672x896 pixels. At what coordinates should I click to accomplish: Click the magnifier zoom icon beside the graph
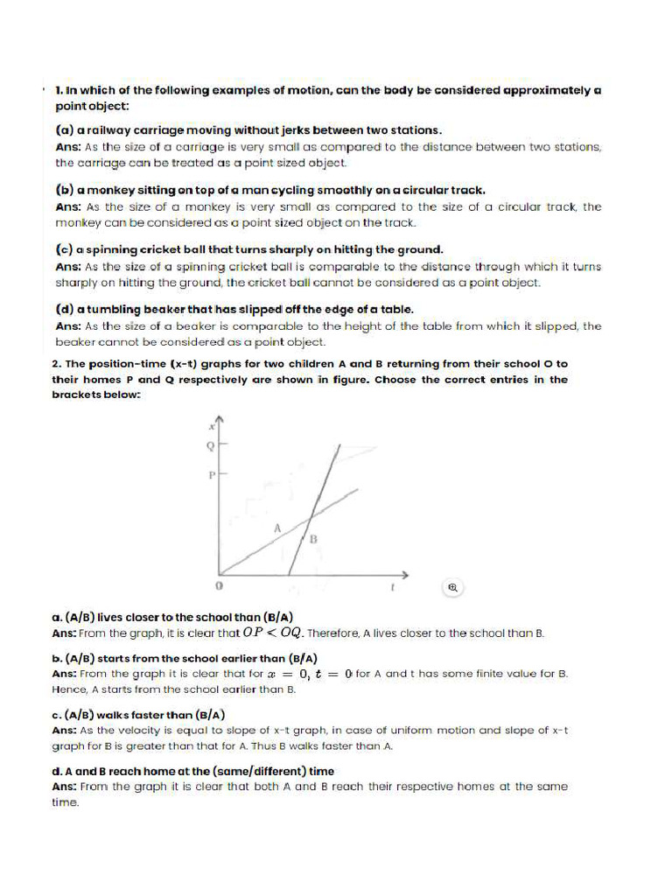click(453, 587)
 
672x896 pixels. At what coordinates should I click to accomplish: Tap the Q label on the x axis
click(208, 445)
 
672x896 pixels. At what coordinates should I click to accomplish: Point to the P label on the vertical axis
click(209, 475)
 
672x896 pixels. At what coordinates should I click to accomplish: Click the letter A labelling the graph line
click(276, 528)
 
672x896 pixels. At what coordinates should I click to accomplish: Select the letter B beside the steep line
click(313, 539)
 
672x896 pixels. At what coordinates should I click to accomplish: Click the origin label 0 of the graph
click(219, 583)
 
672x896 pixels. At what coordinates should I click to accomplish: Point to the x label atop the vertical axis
click(211, 426)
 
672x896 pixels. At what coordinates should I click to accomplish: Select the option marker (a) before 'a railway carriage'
click(64, 129)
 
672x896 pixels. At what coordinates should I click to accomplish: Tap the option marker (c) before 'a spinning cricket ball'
click(64, 249)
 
